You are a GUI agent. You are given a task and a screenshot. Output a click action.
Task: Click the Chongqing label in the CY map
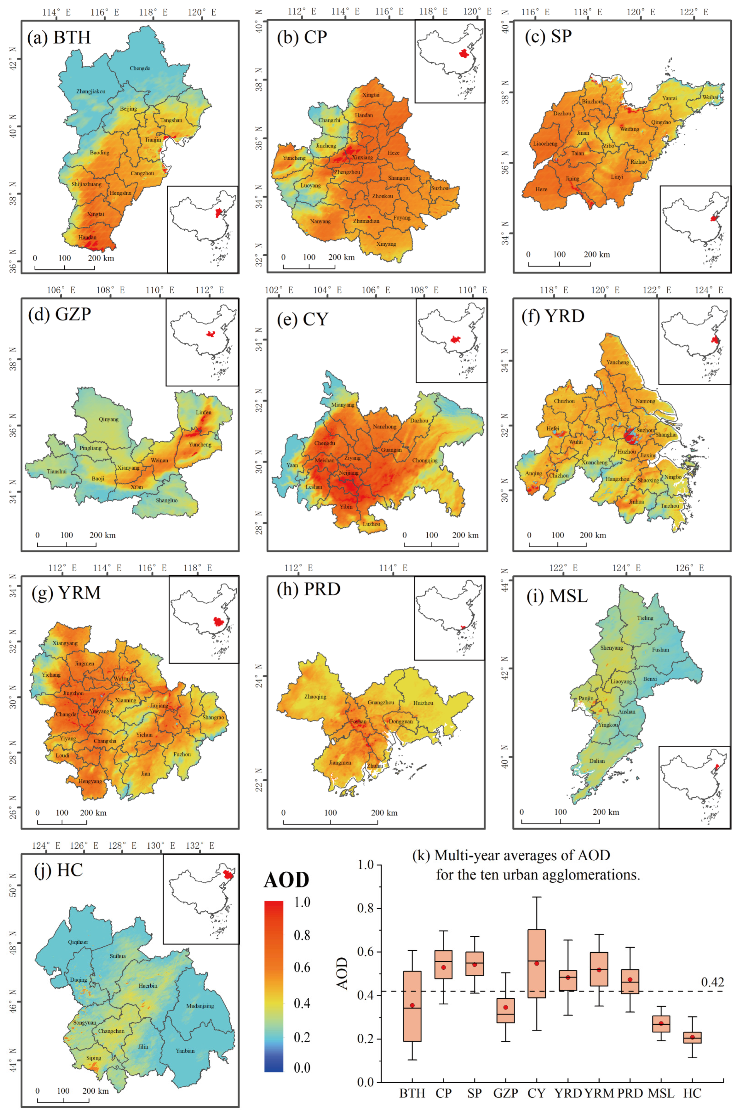(x=425, y=460)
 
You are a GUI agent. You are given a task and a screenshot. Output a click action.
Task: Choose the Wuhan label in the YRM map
(x=122, y=678)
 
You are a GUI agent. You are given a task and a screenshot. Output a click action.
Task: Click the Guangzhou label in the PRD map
(x=381, y=702)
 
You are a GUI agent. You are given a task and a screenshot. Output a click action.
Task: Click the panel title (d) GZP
(x=60, y=314)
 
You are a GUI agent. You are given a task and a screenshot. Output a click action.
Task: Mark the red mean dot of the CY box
(x=536, y=963)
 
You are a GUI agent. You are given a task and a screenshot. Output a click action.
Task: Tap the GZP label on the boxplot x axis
(x=506, y=1093)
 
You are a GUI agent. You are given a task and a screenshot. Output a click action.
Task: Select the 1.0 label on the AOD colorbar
(x=302, y=902)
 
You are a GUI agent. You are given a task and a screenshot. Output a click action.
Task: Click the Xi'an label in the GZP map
(x=137, y=487)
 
